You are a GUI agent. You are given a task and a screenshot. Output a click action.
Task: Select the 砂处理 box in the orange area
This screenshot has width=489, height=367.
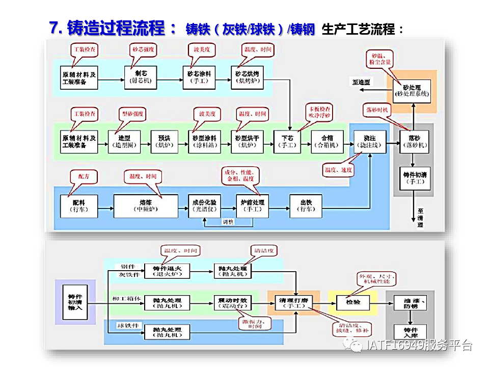[x=412, y=91]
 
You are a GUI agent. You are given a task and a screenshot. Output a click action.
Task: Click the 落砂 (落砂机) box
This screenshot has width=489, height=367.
[x=413, y=142]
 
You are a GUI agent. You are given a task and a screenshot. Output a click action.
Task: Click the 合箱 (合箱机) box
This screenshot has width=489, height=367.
[x=326, y=141]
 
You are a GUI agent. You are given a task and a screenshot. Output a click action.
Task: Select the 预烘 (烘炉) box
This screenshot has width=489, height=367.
[x=164, y=141]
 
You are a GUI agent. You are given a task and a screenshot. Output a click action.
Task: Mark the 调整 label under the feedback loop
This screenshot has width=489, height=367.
[x=228, y=222]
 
